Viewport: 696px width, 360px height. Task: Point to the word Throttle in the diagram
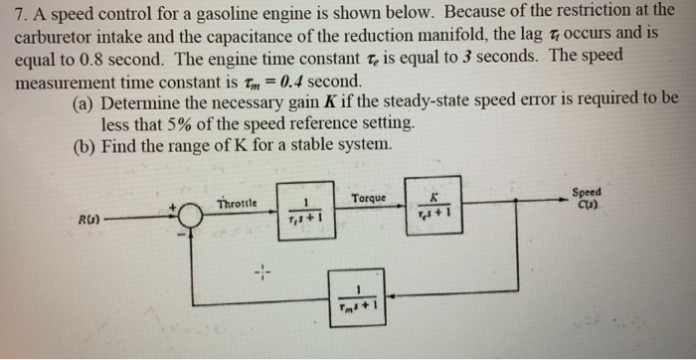(237, 203)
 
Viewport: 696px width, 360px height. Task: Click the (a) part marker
(86, 100)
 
